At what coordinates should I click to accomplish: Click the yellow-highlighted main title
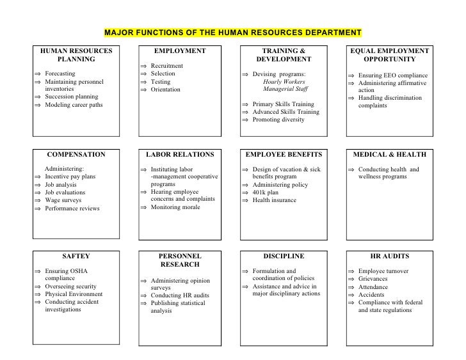coord(233,32)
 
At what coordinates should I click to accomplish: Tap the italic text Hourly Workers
coord(284,82)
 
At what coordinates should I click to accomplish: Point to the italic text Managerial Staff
coord(284,90)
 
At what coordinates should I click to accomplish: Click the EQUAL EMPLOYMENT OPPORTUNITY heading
coord(390,55)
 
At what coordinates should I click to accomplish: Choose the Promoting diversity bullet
coord(278,120)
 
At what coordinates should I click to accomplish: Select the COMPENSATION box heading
coord(76,155)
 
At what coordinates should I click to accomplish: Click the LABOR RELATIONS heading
coord(180,155)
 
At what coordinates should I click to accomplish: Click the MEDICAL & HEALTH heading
coord(390,155)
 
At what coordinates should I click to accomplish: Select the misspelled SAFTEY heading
coord(76,256)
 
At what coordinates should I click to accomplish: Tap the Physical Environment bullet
coord(74,294)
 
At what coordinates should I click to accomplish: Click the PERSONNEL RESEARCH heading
coord(180,260)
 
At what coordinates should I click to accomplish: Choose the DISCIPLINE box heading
coord(284,256)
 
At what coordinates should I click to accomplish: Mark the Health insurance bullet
coord(275,200)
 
